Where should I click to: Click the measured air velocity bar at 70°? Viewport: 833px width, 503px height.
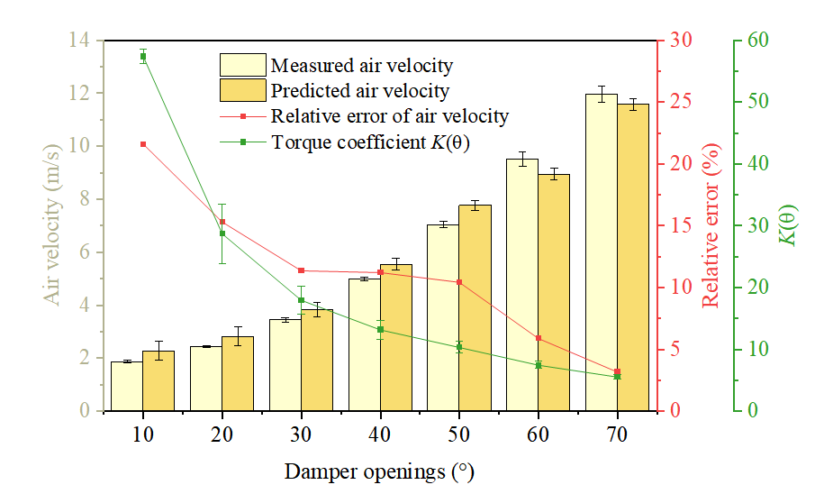602,252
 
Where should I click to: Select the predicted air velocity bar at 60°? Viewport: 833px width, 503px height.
554,292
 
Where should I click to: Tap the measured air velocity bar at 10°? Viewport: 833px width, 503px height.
126,386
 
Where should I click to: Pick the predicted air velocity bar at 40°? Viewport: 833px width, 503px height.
395,338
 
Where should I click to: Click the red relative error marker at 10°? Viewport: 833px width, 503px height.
143,144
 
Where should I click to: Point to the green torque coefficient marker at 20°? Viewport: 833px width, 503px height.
222,233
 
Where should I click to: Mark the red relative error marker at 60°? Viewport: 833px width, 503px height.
539,338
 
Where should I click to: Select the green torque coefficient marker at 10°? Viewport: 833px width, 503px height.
143,57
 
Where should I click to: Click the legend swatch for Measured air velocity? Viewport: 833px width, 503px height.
243,65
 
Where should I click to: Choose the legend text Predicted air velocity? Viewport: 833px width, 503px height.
360,91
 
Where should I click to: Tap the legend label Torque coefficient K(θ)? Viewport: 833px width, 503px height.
371,142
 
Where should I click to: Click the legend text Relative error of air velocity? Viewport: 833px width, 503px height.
390,116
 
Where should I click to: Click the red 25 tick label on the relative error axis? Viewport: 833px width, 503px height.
681,101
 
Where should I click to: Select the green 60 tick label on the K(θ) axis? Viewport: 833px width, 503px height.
757,40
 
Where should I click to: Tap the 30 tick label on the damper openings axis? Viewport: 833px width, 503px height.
301,434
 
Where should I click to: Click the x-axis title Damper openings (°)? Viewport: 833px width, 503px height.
379,471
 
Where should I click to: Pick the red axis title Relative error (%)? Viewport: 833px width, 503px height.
711,225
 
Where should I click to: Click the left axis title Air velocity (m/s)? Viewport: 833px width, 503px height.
52,225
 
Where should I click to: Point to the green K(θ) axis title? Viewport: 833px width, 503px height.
788,225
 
